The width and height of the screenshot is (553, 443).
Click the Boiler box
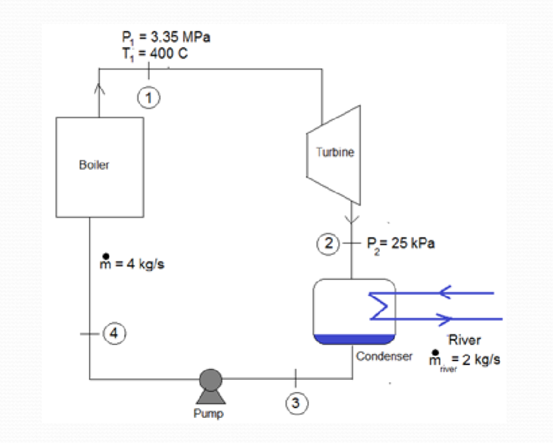click(100, 166)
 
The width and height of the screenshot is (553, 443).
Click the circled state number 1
click(149, 98)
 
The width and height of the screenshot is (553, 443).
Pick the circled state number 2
click(330, 244)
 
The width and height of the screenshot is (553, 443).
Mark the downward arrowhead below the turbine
click(351, 218)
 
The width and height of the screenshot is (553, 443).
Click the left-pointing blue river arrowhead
click(445, 294)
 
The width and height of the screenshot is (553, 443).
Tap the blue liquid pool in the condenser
click(353, 339)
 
